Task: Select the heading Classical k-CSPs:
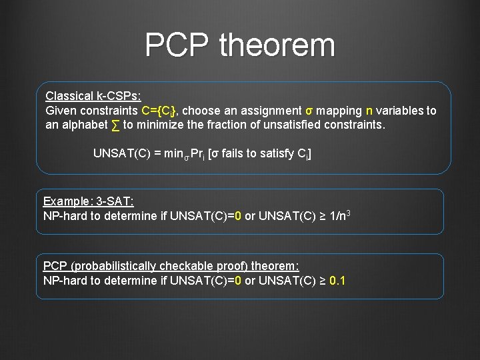tap(93, 96)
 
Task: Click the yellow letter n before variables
tap(369, 111)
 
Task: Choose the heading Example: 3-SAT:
tap(89, 201)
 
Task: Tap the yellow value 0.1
tap(337, 281)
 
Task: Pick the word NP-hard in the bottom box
tap(63, 281)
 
